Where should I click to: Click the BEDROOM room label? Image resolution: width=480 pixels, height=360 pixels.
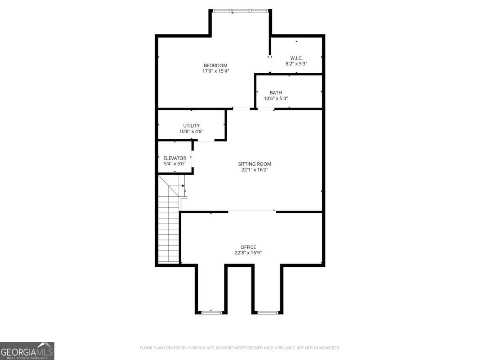click(x=216, y=66)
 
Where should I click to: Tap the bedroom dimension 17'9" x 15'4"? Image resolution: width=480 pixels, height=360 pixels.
click(x=216, y=71)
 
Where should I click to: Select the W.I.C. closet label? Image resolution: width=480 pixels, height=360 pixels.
click(x=296, y=58)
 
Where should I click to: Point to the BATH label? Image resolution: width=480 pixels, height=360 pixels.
click(x=276, y=93)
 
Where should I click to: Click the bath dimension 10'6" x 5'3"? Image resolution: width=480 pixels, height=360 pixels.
click(x=276, y=98)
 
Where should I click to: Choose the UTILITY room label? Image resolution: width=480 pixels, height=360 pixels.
click(x=192, y=126)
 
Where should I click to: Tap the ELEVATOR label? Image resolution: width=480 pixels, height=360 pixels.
click(x=175, y=158)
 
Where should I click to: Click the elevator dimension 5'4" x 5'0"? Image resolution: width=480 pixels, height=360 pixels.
click(x=175, y=164)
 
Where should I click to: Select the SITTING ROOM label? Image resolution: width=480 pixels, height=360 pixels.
click(x=255, y=164)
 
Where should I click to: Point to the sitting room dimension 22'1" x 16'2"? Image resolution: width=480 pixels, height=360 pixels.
click(x=255, y=170)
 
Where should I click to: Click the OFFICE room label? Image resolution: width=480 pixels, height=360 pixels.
click(x=248, y=247)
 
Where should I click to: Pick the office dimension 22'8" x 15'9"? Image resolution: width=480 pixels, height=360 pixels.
click(x=248, y=253)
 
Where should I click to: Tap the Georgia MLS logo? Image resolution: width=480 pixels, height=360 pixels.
click(x=27, y=351)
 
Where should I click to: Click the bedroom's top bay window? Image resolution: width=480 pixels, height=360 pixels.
click(x=241, y=10)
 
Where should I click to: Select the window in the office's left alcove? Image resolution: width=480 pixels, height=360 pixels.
click(x=211, y=312)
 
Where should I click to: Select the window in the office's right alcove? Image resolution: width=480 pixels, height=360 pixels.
click(x=268, y=312)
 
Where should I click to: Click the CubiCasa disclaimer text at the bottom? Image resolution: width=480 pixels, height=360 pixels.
click(x=240, y=348)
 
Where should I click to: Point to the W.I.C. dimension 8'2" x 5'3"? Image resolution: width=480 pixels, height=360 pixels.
click(x=296, y=64)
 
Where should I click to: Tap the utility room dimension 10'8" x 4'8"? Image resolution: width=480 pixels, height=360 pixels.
click(x=192, y=131)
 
